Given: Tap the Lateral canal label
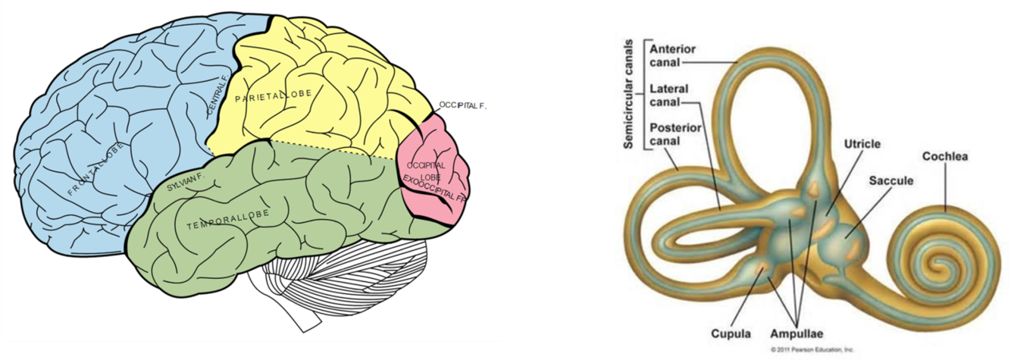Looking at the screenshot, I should click(668, 95).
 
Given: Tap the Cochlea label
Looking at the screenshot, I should click(945, 157).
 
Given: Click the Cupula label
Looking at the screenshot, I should click(731, 333).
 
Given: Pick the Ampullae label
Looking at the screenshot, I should click(798, 333).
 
